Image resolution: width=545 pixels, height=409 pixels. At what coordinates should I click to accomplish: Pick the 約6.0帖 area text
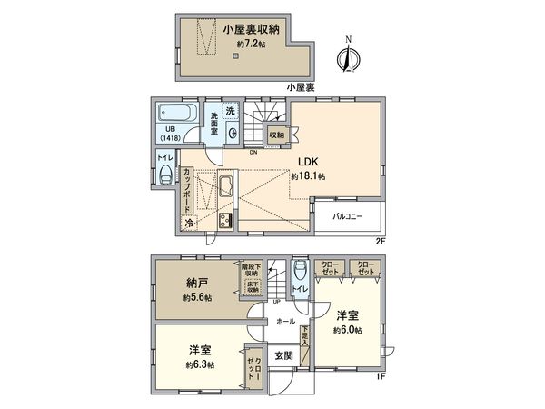(348, 331)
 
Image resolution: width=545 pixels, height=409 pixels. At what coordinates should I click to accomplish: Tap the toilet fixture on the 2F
(164, 175)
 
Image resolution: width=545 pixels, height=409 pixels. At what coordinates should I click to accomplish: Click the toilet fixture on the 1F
(300, 271)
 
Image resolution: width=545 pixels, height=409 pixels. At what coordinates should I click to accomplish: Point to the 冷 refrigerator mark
(190, 222)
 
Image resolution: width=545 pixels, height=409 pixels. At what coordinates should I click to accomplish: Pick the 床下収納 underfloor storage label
(249, 290)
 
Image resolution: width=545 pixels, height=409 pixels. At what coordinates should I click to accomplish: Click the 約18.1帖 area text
(309, 178)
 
